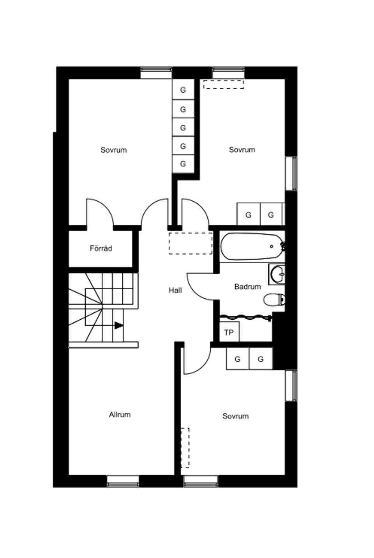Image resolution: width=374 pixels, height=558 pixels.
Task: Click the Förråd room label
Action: [101, 248]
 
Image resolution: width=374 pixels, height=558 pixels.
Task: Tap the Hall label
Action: [175, 290]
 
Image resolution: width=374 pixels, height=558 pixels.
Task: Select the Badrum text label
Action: [247, 287]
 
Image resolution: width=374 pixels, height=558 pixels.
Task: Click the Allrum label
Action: [120, 415]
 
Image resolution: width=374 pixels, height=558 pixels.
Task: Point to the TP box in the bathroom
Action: [229, 333]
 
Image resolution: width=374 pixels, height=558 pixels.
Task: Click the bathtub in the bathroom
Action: [251, 246]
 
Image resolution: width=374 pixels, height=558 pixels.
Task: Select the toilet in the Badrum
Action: [274, 300]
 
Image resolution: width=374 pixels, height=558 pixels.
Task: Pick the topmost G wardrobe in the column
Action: [183, 90]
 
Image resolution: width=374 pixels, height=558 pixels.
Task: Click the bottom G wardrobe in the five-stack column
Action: [183, 164]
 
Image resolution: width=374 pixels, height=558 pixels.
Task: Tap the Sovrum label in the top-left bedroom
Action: [113, 150]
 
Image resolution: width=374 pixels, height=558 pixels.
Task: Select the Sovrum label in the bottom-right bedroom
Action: [235, 416]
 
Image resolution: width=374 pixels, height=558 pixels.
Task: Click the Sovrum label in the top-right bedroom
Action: [242, 150]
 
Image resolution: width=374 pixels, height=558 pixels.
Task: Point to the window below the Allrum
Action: [123, 481]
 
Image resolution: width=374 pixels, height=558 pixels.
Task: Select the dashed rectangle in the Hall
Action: [191, 243]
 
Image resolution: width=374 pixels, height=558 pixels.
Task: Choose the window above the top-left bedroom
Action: [156, 72]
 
